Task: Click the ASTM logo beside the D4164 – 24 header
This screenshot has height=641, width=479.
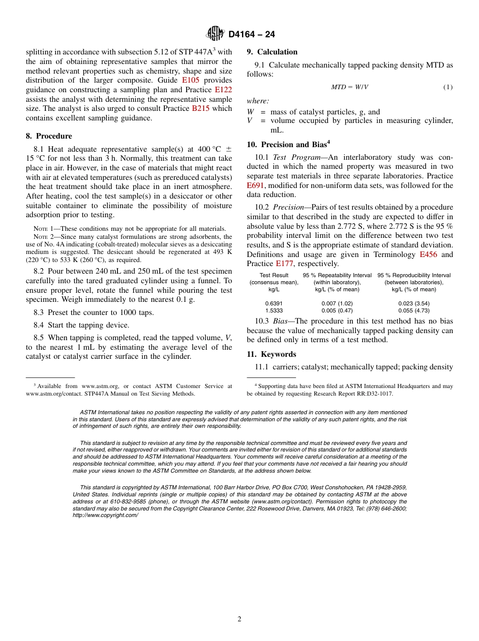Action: (x=215, y=34)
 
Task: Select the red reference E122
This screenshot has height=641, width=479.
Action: (x=223, y=90)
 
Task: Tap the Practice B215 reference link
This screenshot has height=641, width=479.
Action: (x=201, y=108)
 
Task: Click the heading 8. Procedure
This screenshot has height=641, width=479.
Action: (x=49, y=136)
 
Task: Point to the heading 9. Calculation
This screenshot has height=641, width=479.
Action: (x=272, y=52)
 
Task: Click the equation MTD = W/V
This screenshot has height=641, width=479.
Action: (x=349, y=87)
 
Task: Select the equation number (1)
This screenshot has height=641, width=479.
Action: (x=448, y=87)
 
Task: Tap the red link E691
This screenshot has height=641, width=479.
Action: (x=256, y=185)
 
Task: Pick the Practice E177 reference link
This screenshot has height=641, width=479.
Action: (x=284, y=264)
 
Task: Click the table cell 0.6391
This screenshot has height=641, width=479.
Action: (x=274, y=303)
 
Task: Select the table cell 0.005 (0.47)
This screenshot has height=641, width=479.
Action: (x=337, y=311)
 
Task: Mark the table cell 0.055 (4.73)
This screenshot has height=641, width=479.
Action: (x=414, y=311)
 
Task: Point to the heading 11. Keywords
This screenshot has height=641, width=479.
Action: (x=271, y=354)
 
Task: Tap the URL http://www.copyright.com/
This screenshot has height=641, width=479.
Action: (x=105, y=515)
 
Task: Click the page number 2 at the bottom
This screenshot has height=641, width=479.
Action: (x=239, y=619)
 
